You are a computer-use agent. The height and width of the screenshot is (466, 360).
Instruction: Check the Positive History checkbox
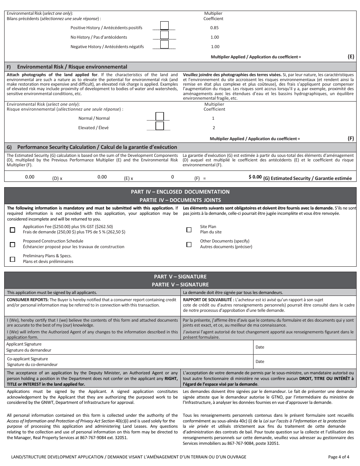[164, 25]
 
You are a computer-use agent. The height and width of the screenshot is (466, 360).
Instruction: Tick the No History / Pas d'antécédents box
[164, 35]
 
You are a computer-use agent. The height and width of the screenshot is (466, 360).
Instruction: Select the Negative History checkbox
[164, 44]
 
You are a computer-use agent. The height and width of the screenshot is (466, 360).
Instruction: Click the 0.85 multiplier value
[214, 28]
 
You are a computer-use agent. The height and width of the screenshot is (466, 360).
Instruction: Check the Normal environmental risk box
[160, 116]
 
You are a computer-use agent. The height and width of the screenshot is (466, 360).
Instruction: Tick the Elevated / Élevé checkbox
[160, 126]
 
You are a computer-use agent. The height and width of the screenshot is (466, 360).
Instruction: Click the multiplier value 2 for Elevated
[214, 128]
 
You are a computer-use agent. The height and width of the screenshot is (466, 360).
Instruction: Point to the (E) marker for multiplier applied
[351, 56]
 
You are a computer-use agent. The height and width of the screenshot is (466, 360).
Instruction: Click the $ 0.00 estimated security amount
[255, 177]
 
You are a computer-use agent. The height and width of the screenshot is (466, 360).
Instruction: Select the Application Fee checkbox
[13, 230]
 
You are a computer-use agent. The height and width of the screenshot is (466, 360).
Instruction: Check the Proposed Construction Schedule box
[13, 244]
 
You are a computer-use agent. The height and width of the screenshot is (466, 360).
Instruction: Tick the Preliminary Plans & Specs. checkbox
[13, 259]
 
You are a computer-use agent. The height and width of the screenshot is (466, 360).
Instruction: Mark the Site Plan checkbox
[189, 230]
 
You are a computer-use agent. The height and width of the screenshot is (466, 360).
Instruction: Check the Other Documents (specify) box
[189, 244]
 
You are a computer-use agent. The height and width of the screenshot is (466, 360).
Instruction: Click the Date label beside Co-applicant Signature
[260, 361]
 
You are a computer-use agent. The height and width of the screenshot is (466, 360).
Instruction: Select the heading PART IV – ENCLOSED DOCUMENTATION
[180, 192]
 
